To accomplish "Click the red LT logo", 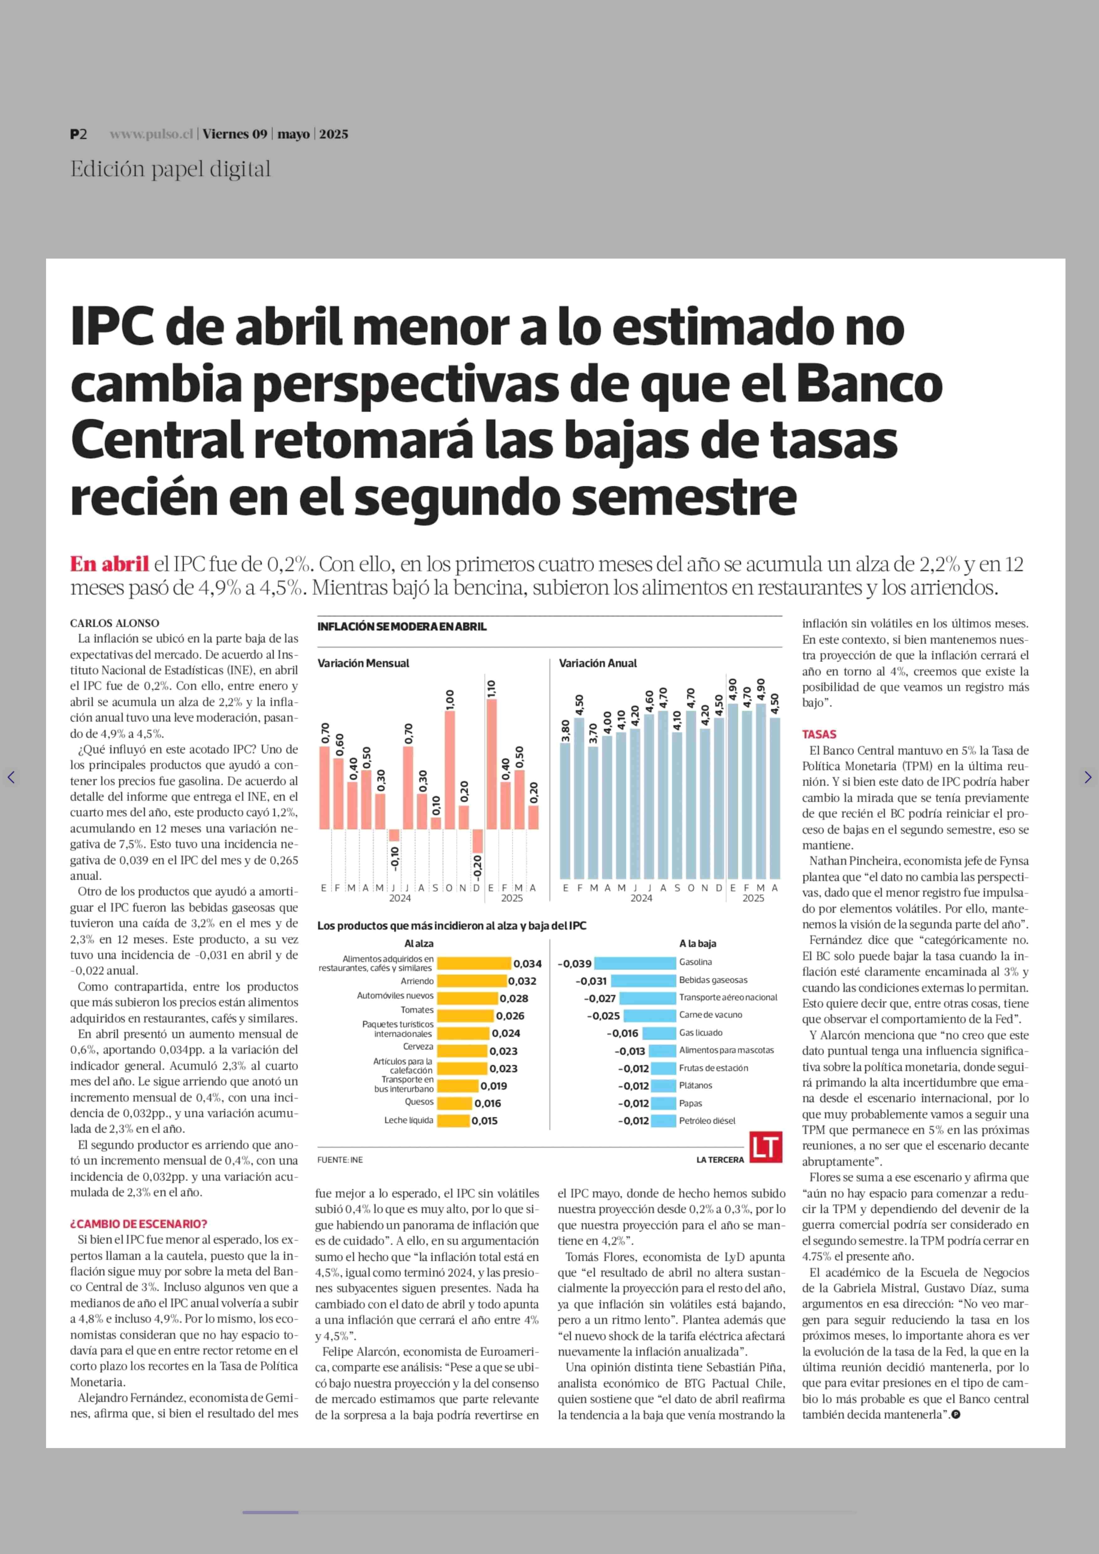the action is (765, 1147).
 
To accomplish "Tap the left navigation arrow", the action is (11, 777).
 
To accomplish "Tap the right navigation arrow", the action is (1087, 777).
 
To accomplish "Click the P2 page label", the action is (79, 134).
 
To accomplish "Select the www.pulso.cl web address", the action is (152, 134).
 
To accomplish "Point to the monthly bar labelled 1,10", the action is (491, 764).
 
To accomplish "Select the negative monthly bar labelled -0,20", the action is (477, 841).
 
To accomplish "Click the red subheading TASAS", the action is (819, 734).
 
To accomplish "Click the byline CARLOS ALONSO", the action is (114, 623).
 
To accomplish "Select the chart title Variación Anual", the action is (597, 663).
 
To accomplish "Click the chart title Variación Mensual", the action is (363, 663).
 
